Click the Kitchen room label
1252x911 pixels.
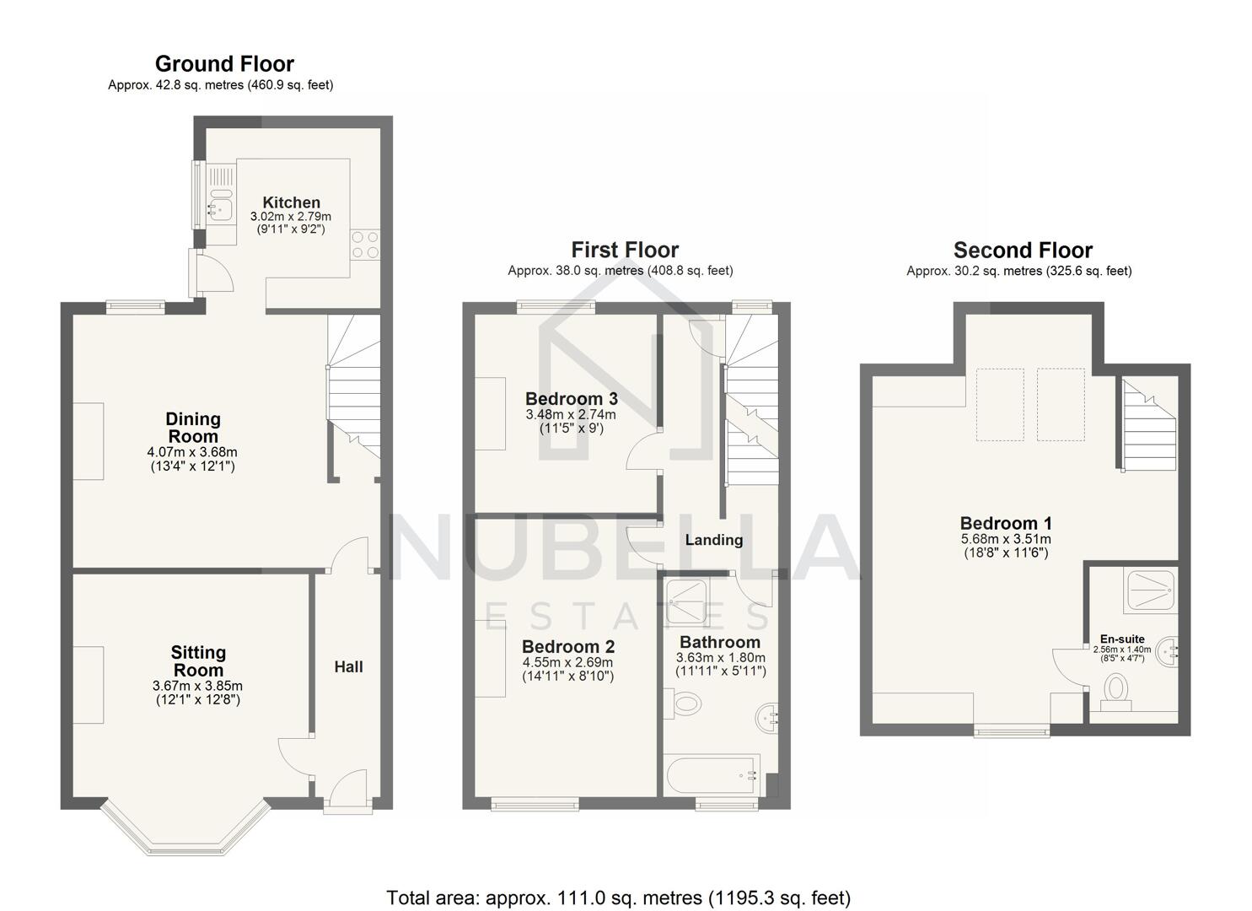click(x=291, y=202)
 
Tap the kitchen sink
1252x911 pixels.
click(x=221, y=206)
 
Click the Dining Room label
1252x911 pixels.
click(x=193, y=428)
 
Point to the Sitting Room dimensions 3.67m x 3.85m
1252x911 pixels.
click(x=197, y=687)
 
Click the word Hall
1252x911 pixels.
click(x=348, y=667)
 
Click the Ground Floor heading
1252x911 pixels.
click(x=224, y=64)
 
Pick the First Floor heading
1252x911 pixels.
click(x=625, y=250)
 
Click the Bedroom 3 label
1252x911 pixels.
click(x=571, y=399)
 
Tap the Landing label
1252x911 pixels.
click(x=713, y=540)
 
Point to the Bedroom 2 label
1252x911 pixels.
click(x=568, y=647)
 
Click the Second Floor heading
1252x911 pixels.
click(x=1023, y=251)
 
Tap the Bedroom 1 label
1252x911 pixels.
click(x=1006, y=523)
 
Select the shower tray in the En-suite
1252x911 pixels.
click(x=1148, y=591)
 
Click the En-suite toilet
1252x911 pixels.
click(x=1116, y=689)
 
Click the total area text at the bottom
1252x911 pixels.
click(x=619, y=898)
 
